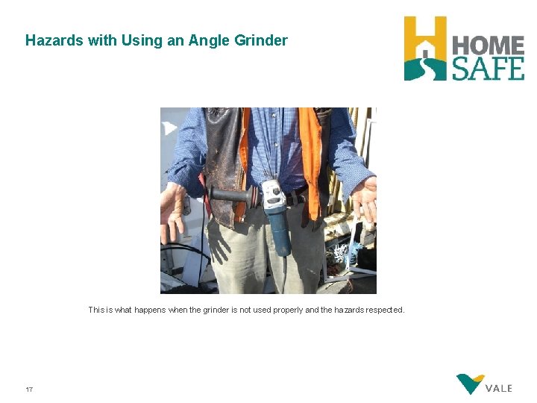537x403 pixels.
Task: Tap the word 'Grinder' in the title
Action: tap(260, 40)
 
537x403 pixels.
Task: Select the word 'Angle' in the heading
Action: tap(209, 40)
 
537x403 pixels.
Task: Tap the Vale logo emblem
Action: tap(470, 384)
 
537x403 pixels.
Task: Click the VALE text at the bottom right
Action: tap(499, 388)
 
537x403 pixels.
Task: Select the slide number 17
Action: tap(29, 390)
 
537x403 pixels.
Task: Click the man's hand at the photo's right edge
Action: tap(365, 200)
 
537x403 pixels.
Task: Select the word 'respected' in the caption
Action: tap(385, 310)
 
